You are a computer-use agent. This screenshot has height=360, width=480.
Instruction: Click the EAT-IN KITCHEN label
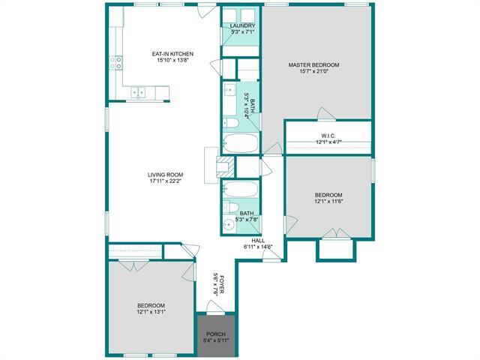point(173,53)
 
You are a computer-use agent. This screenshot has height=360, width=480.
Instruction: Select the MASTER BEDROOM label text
point(314,65)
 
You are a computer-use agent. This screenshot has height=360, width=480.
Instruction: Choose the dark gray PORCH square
point(216,334)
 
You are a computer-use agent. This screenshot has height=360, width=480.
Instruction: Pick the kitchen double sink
point(139,93)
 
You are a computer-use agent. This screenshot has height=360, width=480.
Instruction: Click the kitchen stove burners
point(117,63)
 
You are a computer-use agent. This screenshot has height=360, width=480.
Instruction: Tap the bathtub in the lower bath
point(240,189)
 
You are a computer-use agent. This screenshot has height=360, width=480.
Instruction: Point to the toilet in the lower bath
point(232,208)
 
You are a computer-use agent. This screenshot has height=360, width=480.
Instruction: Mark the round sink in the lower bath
point(227,223)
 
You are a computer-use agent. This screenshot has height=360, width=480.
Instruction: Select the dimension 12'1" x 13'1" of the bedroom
point(151,313)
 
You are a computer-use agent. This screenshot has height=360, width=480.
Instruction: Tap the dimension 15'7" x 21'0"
point(314,72)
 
